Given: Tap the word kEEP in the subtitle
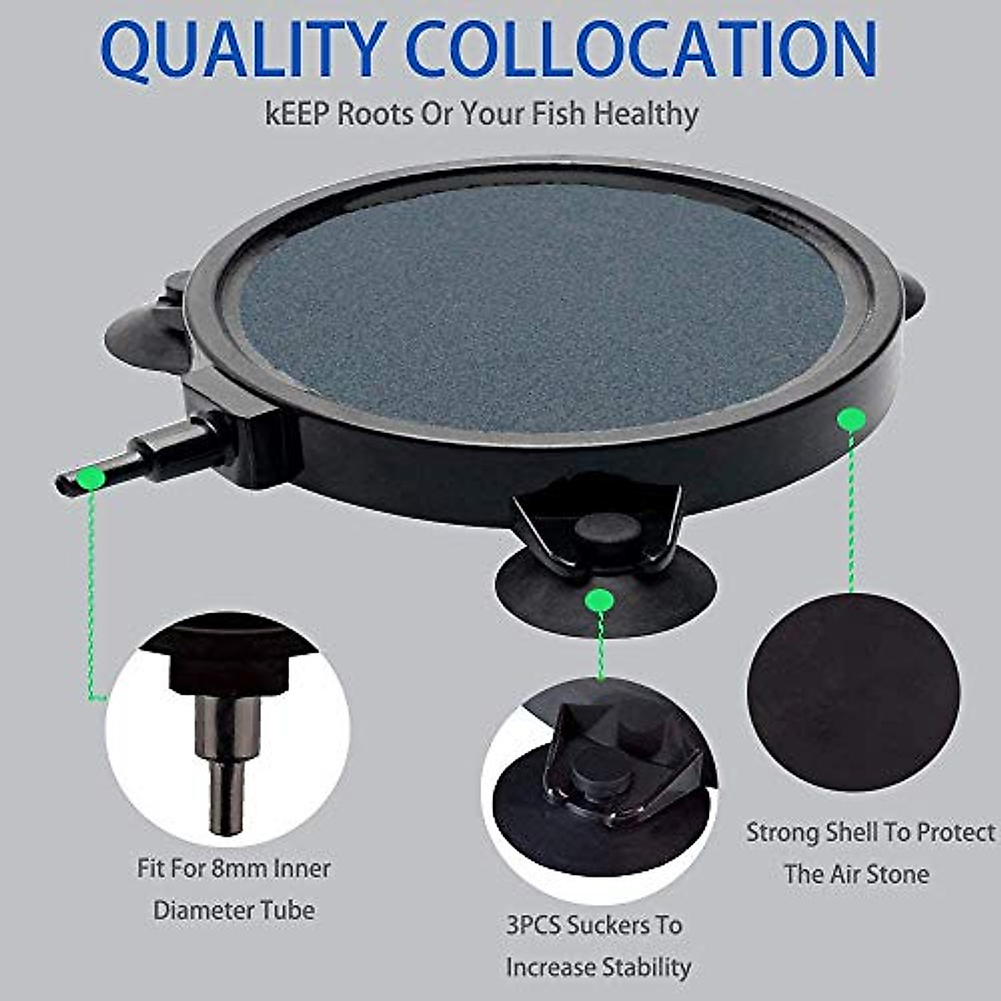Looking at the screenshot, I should (x=296, y=113).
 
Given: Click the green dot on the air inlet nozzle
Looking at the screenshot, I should (x=90, y=478).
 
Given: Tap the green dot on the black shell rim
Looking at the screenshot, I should (x=850, y=417).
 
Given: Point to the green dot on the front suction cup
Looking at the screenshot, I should (x=599, y=600).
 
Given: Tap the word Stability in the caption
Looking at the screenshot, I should (x=647, y=968).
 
